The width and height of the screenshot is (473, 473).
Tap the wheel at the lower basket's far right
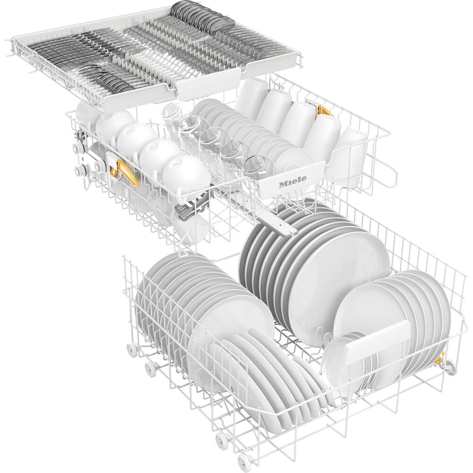[x=450, y=367]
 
